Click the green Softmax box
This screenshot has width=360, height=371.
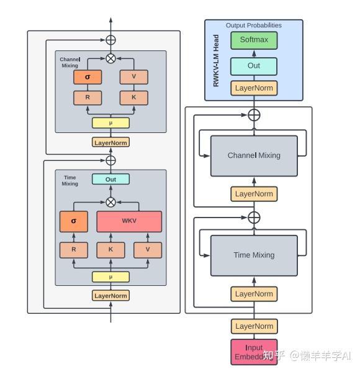254,41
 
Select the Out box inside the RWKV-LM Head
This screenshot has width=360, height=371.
254,66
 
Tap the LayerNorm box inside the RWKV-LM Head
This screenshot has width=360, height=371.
254,88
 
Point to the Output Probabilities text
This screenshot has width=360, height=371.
253,25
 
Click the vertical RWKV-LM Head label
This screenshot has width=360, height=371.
217,60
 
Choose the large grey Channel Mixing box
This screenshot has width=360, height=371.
254,155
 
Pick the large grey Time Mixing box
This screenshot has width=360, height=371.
254,255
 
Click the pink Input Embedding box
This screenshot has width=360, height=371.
254,352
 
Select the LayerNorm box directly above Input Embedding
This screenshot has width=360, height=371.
254,326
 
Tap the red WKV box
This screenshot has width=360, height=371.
129,221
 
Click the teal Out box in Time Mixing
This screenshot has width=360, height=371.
110,180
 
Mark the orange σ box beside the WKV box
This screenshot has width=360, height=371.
74,221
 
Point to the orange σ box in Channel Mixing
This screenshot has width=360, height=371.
87,76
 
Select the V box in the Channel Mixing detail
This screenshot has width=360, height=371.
133,76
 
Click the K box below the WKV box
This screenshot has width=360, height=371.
110,250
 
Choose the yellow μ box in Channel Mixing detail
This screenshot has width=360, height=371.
110,122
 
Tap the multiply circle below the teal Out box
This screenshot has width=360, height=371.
110,202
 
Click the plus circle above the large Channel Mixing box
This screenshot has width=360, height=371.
254,114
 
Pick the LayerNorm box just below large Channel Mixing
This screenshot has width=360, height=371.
254,194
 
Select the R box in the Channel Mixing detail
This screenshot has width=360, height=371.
87,98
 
